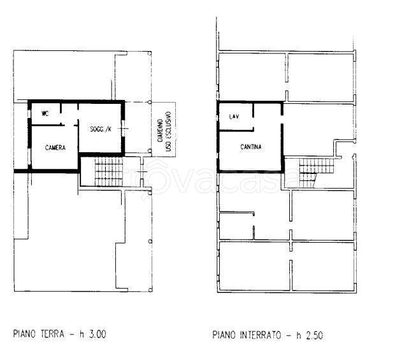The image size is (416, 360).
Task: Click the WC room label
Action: point(45,113)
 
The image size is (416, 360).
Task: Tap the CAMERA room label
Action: point(55,148)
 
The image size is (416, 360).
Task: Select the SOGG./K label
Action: point(101,129)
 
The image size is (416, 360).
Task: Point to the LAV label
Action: point(234,117)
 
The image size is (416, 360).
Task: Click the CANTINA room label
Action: point(251,147)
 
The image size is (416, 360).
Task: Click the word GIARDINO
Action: point(161,131)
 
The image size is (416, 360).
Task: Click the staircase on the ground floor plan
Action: point(109,171)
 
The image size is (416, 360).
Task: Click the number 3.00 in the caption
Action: point(97,334)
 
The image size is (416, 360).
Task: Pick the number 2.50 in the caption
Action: point(314,335)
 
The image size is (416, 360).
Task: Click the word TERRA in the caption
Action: point(52,334)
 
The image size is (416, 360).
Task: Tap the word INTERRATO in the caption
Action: point(261,335)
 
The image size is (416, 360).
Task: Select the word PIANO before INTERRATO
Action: point(224,335)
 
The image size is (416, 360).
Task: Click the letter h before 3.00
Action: point(82,334)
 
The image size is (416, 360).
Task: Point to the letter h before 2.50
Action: point(299,335)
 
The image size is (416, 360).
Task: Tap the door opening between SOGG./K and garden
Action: point(123,129)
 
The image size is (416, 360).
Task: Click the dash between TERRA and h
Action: point(72,335)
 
